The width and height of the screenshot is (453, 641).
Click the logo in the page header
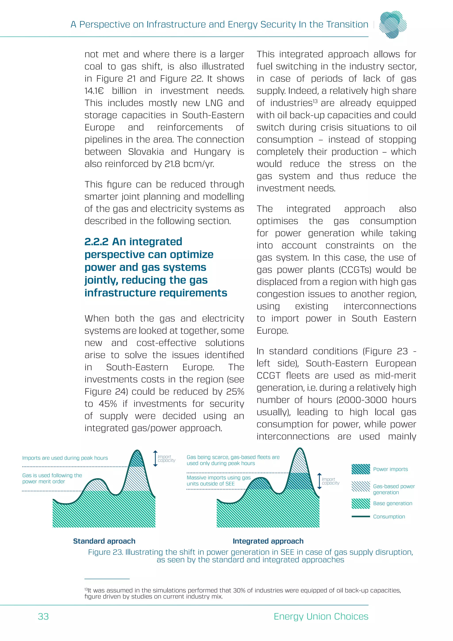click(x=393, y=25)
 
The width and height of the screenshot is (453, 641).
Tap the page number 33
click(x=43, y=616)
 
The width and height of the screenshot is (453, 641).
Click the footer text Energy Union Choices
click(x=321, y=616)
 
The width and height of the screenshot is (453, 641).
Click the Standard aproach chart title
click(x=104, y=541)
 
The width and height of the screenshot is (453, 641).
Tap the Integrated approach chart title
click(x=268, y=541)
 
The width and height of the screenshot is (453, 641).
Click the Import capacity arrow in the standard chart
click(x=155, y=458)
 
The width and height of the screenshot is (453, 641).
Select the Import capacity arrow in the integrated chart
click(x=319, y=481)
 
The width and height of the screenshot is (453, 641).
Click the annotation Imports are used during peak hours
click(x=65, y=458)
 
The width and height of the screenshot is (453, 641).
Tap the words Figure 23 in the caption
click(x=106, y=552)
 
